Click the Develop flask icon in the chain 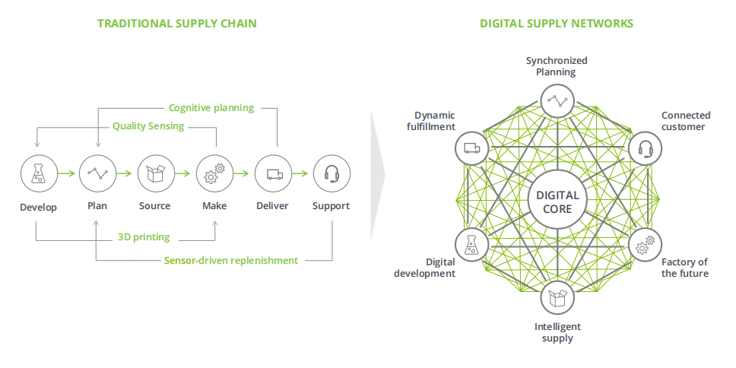click(x=36, y=174)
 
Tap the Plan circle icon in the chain click(x=97, y=174)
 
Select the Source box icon click(x=155, y=174)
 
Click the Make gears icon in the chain click(x=214, y=174)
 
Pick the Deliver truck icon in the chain click(x=273, y=174)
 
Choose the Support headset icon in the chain click(x=332, y=174)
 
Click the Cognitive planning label click(x=211, y=108)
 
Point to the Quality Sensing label click(x=148, y=126)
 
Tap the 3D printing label click(x=144, y=237)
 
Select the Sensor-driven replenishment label click(x=231, y=260)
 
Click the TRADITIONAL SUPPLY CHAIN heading click(x=176, y=24)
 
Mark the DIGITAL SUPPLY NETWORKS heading click(x=557, y=24)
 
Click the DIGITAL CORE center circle click(x=557, y=201)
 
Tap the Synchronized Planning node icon click(x=557, y=100)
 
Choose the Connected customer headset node click(x=646, y=148)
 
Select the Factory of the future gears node click(x=646, y=245)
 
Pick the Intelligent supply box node click(x=557, y=297)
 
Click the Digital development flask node click(x=470, y=245)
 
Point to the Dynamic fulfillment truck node click(x=470, y=148)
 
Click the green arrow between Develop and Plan click(x=67, y=174)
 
